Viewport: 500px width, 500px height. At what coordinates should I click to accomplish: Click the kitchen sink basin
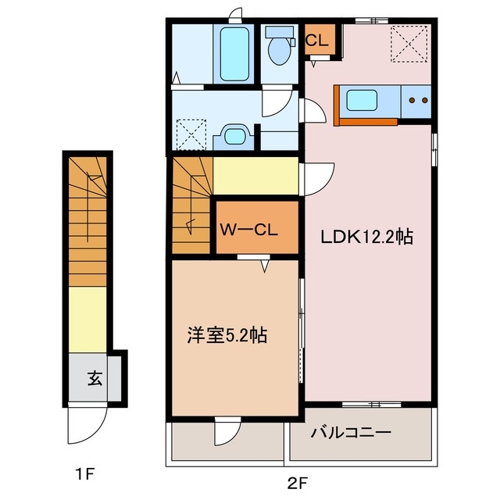362,101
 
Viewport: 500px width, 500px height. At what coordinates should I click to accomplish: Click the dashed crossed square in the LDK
408,43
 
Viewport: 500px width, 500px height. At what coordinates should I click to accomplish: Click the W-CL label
246,230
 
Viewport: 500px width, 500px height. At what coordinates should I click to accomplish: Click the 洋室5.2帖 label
227,336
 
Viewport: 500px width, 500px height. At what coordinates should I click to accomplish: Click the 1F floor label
85,473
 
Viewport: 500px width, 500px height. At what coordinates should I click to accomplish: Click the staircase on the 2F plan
191,205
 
